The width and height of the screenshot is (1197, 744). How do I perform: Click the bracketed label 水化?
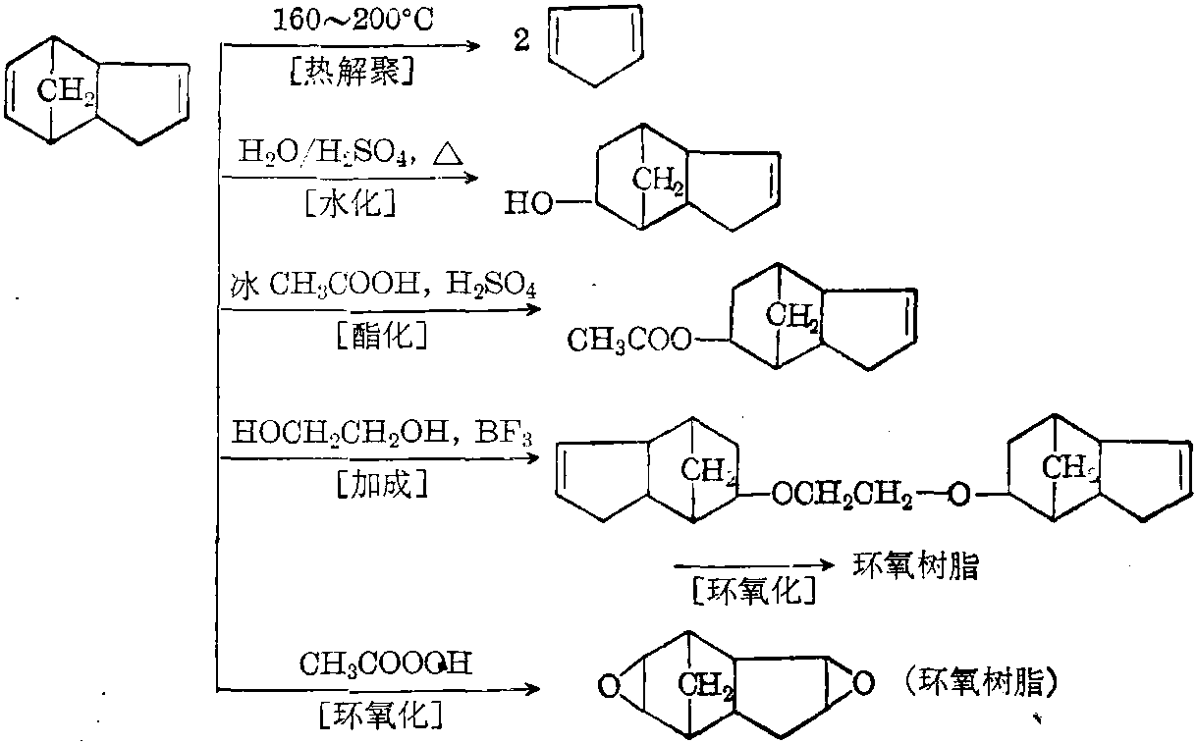pyautogui.click(x=348, y=202)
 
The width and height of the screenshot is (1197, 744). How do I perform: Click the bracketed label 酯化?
pyautogui.click(x=380, y=337)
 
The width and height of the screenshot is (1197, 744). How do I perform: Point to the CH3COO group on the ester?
pyautogui.click(x=628, y=341)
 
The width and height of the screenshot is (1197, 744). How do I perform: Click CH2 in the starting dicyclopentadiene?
pyautogui.click(x=67, y=92)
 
